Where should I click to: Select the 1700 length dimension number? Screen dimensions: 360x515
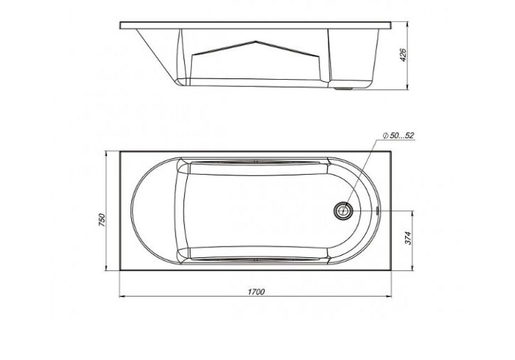coord(257,291)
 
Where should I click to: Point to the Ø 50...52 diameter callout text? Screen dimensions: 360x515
coord(398,135)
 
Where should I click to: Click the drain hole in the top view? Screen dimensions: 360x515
coord(344,210)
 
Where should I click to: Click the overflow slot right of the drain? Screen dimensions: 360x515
coord(376,210)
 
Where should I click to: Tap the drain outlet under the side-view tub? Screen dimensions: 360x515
coord(347,89)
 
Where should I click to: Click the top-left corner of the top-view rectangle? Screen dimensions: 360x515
coord(119,151)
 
